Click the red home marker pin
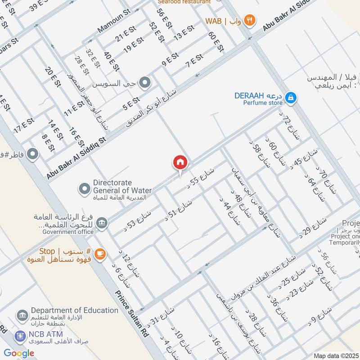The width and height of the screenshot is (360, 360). [x=180, y=162]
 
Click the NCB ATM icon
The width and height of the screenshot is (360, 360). [x=19, y=335]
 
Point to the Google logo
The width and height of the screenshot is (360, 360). [x=19, y=353]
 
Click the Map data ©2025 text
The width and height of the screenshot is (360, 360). [x=335, y=355]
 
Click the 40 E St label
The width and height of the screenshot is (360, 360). [x=111, y=62]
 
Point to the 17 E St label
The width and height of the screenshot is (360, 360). [x=24, y=126]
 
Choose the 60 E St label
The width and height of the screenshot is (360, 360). [x=216, y=41]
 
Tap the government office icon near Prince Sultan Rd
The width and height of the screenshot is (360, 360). [x=102, y=223]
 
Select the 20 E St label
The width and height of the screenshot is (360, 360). [x=52, y=77]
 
